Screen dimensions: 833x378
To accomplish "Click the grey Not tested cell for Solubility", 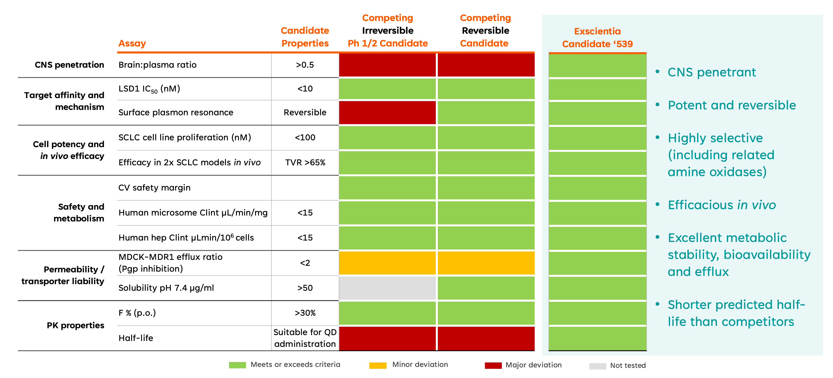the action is pyautogui.click(x=387, y=288).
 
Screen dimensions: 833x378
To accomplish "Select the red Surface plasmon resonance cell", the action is pyautogui.click(x=387, y=112).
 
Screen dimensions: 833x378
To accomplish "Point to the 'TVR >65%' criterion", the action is pyautogui.click(x=305, y=162).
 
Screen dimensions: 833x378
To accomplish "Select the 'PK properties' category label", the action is pyautogui.click(x=75, y=325).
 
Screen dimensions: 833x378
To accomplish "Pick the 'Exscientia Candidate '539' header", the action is pyautogui.click(x=597, y=37).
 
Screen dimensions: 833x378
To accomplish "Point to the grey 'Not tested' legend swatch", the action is pyautogui.click(x=598, y=366).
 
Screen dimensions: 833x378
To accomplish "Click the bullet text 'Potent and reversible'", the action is pyautogui.click(x=732, y=105).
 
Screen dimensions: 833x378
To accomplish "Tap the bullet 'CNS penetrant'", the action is pyautogui.click(x=712, y=72).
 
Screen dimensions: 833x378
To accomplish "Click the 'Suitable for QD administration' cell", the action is pyautogui.click(x=305, y=338).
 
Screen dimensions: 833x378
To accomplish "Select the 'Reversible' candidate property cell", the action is pyautogui.click(x=305, y=112).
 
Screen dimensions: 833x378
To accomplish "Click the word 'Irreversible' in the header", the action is pyautogui.click(x=388, y=31).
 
